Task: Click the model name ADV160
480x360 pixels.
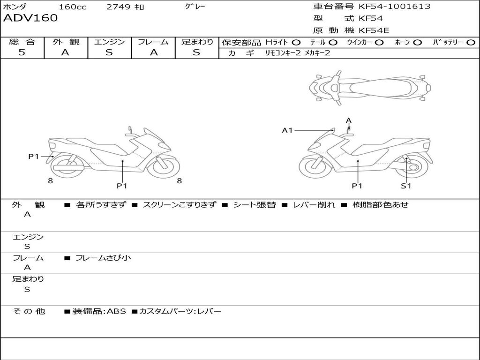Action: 30,18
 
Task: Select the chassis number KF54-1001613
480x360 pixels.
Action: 394,7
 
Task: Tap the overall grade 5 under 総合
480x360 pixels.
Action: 22,52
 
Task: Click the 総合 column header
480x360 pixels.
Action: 22,42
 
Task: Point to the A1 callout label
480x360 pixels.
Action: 287,130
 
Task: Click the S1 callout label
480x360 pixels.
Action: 406,186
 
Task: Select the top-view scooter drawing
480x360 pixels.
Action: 369,87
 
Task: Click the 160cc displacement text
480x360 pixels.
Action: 73,7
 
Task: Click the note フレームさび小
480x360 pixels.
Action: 103,257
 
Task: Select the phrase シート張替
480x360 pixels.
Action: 255,205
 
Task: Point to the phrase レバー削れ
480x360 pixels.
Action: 314,205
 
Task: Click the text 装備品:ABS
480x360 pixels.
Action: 99,311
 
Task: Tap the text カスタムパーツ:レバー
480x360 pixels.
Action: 180,311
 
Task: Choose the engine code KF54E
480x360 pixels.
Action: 374,30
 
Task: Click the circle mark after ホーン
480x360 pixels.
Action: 418,42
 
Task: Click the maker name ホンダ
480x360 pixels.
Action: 15,7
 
